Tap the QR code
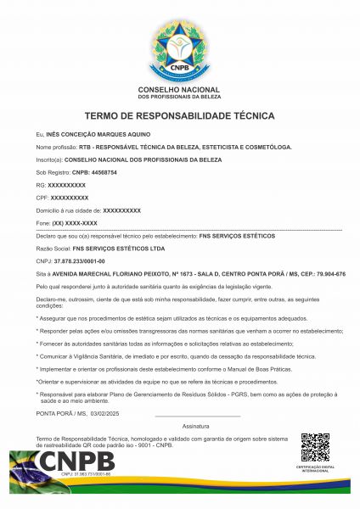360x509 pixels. (x=315, y=447)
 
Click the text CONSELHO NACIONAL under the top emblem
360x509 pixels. (x=179, y=90)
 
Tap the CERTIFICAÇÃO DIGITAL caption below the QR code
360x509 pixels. (x=315, y=468)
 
